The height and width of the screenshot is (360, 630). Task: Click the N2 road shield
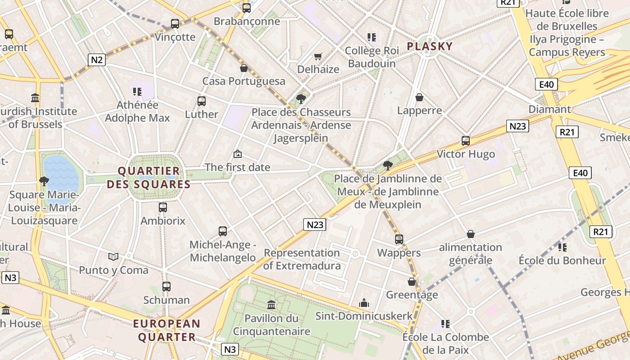tap(97, 60)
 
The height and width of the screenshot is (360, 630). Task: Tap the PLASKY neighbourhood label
tap(430, 46)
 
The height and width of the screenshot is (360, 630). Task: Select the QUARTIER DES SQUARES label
tap(149, 178)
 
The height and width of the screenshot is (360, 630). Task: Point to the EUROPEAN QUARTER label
tap(166, 330)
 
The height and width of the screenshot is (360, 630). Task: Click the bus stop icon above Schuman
tap(166, 286)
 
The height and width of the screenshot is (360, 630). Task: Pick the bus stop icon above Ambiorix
tap(163, 207)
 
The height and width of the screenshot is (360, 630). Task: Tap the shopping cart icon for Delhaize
tap(318, 56)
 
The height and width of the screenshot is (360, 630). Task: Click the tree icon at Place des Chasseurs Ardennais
tap(301, 99)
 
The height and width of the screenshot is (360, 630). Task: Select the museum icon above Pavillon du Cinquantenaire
tap(271, 305)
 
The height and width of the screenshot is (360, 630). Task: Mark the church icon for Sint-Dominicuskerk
tap(364, 303)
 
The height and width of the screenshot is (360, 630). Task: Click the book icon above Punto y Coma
tap(113, 256)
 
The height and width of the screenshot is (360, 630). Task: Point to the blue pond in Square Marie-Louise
tap(61, 173)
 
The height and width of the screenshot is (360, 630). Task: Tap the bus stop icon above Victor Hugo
tap(466, 141)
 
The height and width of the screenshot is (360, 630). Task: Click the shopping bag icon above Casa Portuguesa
tap(244, 68)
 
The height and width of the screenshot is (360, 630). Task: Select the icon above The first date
tap(238, 154)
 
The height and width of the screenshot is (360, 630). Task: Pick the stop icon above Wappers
tap(399, 239)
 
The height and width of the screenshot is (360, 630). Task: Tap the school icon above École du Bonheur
tap(562, 247)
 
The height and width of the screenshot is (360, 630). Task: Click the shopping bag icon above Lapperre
tap(419, 97)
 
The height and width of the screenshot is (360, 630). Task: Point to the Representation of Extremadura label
tap(302, 259)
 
